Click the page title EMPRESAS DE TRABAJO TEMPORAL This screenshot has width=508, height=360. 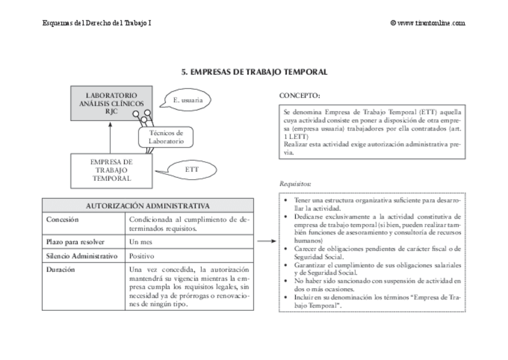(254, 72)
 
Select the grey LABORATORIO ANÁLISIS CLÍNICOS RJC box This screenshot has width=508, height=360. (111, 103)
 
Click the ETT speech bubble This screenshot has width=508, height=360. (192, 170)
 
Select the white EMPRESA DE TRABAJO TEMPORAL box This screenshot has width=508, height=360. (111, 170)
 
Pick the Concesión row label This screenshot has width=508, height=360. (62, 219)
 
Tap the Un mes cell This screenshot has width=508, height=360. (141, 242)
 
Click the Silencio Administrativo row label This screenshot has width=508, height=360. (81, 256)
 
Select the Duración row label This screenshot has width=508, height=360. (61, 270)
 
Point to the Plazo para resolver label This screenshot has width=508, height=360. (75, 242)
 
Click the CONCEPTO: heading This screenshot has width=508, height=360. (300, 96)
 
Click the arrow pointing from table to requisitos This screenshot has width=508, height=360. (266, 242)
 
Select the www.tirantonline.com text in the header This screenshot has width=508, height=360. (431, 23)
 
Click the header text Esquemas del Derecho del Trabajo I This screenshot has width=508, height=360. (97, 23)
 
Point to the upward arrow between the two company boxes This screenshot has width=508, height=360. (111, 138)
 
